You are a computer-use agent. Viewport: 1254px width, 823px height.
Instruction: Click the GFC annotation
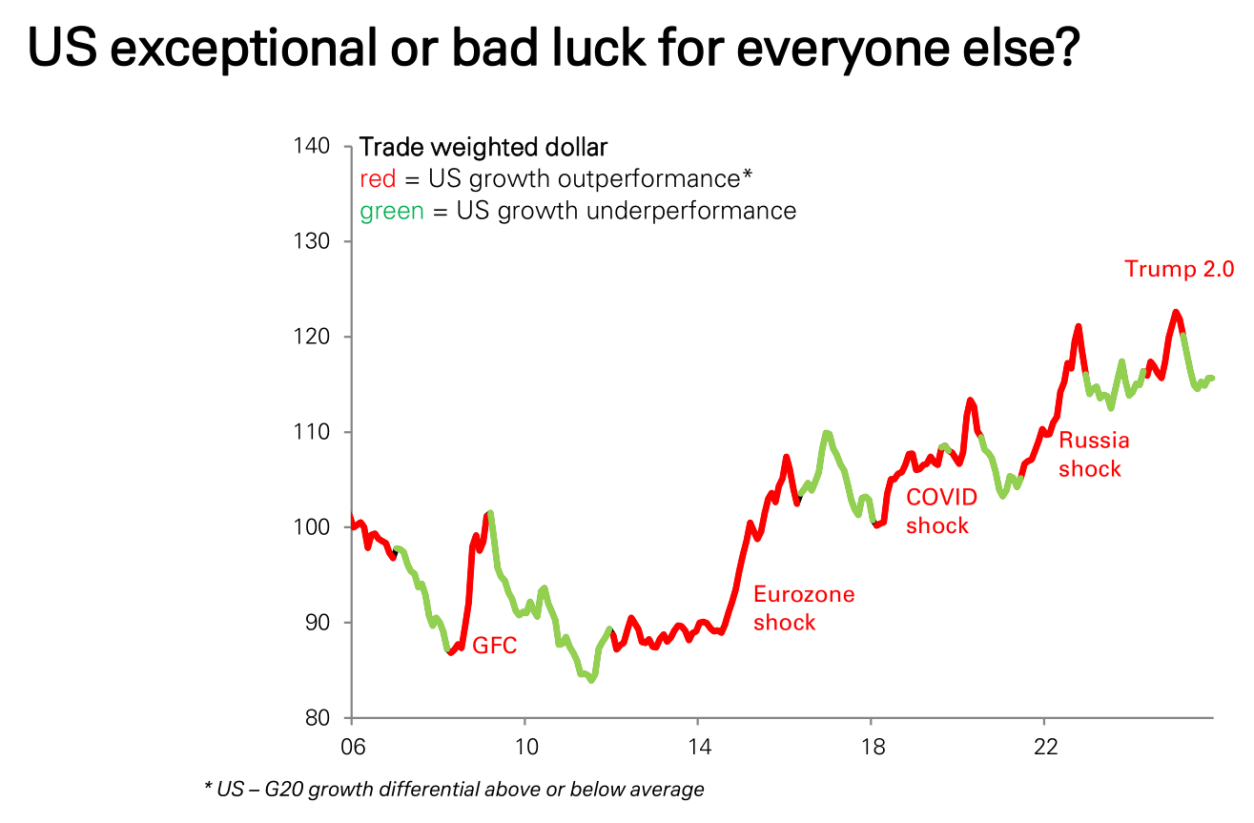tap(495, 646)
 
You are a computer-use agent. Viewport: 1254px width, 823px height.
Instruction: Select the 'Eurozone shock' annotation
tap(804, 608)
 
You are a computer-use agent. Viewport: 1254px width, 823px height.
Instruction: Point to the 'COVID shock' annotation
tap(940, 511)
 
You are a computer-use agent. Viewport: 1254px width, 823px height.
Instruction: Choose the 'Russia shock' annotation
tap(1094, 454)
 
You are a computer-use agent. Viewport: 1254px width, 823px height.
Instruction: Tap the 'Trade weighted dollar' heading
tap(483, 148)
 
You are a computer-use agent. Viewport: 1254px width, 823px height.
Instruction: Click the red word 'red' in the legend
tap(378, 179)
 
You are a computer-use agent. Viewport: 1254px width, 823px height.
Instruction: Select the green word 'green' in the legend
tap(391, 210)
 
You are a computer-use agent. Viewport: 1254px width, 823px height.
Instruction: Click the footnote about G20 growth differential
tap(454, 790)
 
